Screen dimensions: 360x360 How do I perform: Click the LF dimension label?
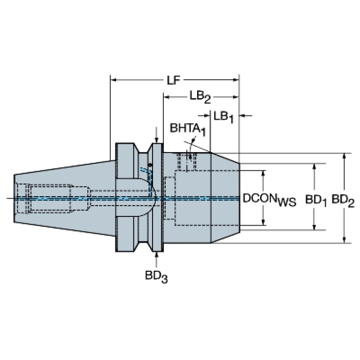tap(173, 80)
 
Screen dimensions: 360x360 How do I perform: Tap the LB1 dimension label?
tap(223, 116)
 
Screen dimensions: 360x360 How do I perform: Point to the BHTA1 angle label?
tap(188, 129)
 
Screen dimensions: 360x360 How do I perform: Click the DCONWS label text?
tap(269, 199)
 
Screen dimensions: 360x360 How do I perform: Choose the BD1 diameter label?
tap(315, 200)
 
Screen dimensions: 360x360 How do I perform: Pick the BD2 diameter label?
tap(343, 200)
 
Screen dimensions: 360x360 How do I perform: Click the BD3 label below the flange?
tap(156, 276)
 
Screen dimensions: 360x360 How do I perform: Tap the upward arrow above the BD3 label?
tap(156, 260)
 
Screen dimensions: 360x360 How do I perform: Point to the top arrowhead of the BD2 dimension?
tap(344, 156)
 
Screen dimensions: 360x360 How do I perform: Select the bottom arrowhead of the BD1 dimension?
tap(314, 227)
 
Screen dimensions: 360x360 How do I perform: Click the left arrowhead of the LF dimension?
tap(114, 80)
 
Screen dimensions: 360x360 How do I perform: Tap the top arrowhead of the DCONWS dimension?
tap(263, 173)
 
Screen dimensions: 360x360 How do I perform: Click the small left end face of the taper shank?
tap(14, 199)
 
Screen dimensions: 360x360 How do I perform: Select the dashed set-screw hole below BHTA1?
tap(187, 162)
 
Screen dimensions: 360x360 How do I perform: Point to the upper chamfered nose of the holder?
tap(225, 158)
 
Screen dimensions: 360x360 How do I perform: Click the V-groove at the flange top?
tap(143, 148)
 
